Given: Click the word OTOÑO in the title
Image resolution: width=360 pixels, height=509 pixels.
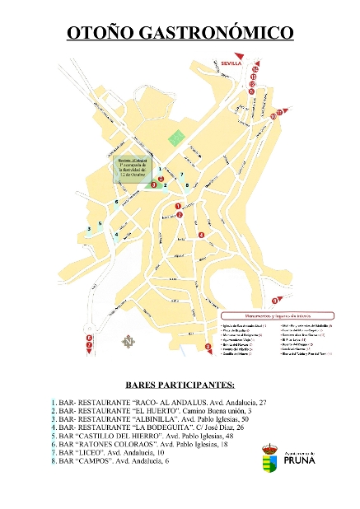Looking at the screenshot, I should (x=100, y=34).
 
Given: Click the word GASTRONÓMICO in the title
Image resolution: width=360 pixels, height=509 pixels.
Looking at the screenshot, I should (x=217, y=34).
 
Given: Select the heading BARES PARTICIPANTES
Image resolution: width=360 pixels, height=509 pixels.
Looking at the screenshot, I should (x=180, y=385).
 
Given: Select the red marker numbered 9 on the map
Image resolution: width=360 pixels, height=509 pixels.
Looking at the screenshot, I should (x=275, y=301).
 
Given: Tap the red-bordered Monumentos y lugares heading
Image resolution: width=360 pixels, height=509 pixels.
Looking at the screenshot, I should (x=269, y=314).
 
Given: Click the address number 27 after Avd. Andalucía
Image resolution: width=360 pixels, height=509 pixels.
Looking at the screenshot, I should (x=264, y=401).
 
